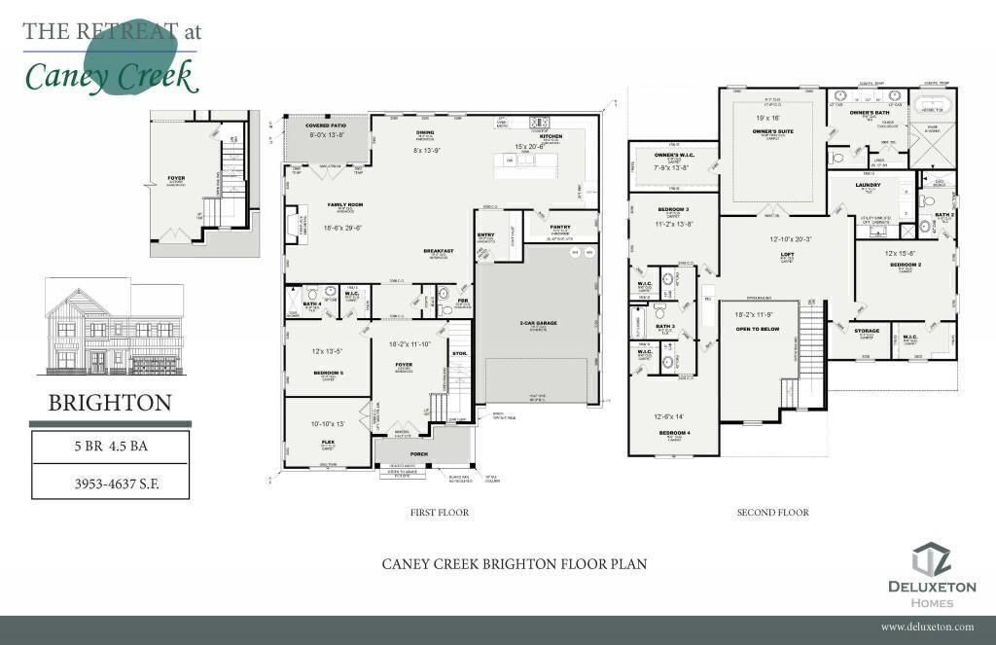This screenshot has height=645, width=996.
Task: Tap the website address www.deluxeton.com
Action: pyautogui.click(x=927, y=627)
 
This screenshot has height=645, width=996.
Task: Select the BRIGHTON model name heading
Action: pyautogui.click(x=110, y=403)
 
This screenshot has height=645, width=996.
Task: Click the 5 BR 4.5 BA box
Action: pyautogui.click(x=110, y=448)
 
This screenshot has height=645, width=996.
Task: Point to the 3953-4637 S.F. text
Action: pyautogui.click(x=110, y=482)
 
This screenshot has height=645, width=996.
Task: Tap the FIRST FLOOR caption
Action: pyautogui.click(x=441, y=512)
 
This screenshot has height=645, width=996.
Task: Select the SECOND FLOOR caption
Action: pyautogui.click(x=772, y=512)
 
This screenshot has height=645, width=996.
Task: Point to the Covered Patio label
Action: pyautogui.click(x=326, y=125)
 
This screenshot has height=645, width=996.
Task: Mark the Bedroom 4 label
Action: pyautogui.click(x=673, y=432)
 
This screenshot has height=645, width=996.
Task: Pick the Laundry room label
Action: pyautogui.click(x=868, y=184)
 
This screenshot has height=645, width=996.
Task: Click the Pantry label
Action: pyautogui.click(x=559, y=227)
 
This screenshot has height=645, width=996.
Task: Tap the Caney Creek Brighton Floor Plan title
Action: pyautogui.click(x=514, y=564)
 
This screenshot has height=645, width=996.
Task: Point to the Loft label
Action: pyautogui.click(x=788, y=254)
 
